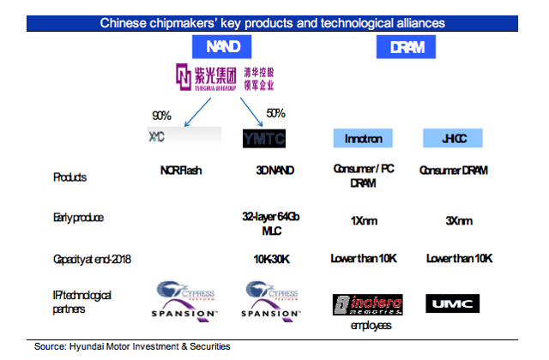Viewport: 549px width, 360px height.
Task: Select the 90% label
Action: pos(162,117)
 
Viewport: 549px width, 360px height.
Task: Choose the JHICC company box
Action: pos(454,137)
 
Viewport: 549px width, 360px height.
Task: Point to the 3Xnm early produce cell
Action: pos(454,220)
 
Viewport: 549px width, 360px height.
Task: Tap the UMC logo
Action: pos(453,302)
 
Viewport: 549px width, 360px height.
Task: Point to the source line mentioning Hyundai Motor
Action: pos(133,346)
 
